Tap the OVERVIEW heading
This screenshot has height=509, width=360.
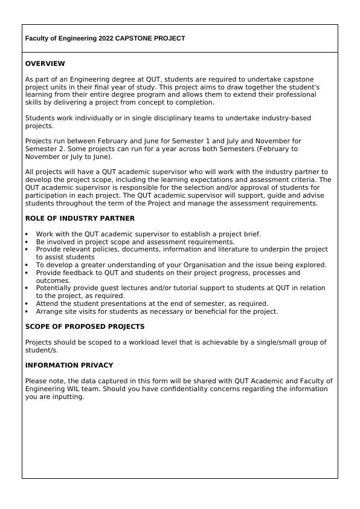pyautogui.click(x=45, y=63)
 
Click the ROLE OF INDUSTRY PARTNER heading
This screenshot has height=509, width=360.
pyautogui.click(x=80, y=218)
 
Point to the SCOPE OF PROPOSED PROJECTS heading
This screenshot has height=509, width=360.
pyautogui.click(x=85, y=326)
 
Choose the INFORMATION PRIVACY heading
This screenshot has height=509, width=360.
pyautogui.click(x=69, y=365)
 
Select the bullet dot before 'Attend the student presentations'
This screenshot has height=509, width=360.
pyautogui.click(x=27, y=304)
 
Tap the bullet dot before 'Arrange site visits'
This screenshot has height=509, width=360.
pyautogui.click(x=27, y=312)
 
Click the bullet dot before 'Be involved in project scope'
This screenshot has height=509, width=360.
pyautogui.click(x=27, y=242)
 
